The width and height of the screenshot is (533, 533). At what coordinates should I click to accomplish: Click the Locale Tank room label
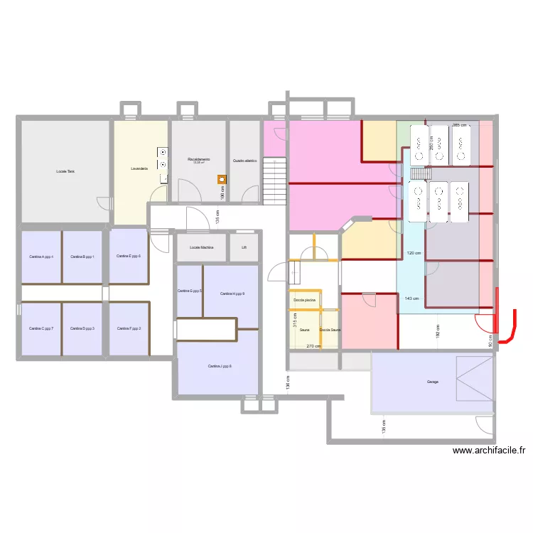pyautogui.click(x=65, y=171)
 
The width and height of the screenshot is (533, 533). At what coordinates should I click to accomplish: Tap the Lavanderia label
pyautogui.click(x=139, y=169)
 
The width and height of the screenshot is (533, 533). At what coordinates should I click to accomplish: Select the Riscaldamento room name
pyautogui.click(x=198, y=159)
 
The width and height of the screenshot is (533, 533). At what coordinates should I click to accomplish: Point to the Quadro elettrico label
pyautogui.click(x=244, y=161)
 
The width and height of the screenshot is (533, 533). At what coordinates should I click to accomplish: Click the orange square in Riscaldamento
pyautogui.click(x=222, y=180)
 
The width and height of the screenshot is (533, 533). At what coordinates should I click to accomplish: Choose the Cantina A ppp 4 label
pyautogui.click(x=41, y=257)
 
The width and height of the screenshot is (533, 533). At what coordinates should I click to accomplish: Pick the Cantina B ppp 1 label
pyautogui.click(x=82, y=257)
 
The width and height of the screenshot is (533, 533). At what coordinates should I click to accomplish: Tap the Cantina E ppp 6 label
pyautogui.click(x=129, y=256)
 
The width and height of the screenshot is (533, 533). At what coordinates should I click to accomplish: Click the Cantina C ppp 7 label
pyautogui.click(x=41, y=328)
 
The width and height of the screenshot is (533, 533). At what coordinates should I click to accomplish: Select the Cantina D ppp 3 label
pyautogui.click(x=82, y=328)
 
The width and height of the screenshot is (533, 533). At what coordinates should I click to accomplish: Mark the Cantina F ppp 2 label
pyautogui.click(x=129, y=328)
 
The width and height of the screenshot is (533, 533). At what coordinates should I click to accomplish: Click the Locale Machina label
pyautogui.click(x=201, y=248)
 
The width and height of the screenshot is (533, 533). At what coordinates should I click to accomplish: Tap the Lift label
pyautogui.click(x=244, y=248)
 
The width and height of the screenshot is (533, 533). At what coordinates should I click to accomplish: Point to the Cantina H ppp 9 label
pyautogui.click(x=232, y=294)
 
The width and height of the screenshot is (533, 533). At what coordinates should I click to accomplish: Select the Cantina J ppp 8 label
pyautogui.click(x=220, y=366)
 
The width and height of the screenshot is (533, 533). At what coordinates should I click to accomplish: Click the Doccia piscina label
pyautogui.click(x=304, y=300)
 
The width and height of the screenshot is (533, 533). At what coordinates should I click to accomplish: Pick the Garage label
pyautogui.click(x=433, y=382)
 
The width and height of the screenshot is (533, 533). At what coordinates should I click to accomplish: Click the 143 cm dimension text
pyautogui.click(x=411, y=298)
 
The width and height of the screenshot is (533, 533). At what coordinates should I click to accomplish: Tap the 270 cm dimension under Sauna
pyautogui.click(x=313, y=346)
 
